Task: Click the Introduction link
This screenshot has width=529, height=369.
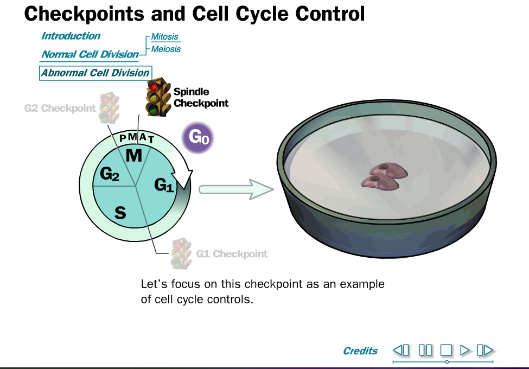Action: (x=71, y=36)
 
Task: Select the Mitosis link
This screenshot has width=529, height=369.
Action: (x=164, y=37)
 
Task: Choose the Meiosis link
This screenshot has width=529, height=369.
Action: (x=165, y=49)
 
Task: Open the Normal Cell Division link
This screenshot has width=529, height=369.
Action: (x=90, y=54)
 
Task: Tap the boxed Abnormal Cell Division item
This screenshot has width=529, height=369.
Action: (x=95, y=73)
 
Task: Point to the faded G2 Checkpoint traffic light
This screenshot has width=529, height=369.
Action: (x=109, y=107)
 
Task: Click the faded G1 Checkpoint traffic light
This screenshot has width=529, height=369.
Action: (x=181, y=253)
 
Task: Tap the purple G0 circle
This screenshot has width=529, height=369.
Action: (x=197, y=137)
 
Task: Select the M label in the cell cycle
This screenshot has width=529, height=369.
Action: (x=133, y=156)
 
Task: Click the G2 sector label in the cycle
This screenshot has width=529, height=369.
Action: (x=110, y=175)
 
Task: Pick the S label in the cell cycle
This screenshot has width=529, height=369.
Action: (x=120, y=213)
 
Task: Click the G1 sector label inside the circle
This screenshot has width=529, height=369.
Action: (x=164, y=186)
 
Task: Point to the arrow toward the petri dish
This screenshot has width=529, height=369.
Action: (x=235, y=189)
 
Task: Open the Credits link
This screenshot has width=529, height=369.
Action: (x=360, y=351)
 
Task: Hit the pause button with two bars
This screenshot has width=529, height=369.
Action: (x=425, y=350)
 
